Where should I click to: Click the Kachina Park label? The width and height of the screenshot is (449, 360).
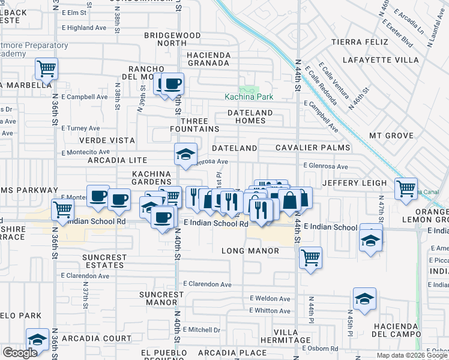pyautogui.click(x=250, y=97)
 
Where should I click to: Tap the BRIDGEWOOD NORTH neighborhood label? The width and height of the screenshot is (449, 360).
pyautogui.click(x=172, y=39)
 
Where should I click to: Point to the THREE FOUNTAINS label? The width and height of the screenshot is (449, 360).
pyautogui.click(x=194, y=125)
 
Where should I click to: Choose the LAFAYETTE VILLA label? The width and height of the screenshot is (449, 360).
pyautogui.click(x=381, y=60)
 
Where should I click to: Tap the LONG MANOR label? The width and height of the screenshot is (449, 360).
pyautogui.click(x=250, y=250)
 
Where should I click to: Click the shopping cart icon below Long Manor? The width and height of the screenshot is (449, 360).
pyautogui.click(x=310, y=258)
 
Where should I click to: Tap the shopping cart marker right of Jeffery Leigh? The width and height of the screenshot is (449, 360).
pyautogui.click(x=406, y=188)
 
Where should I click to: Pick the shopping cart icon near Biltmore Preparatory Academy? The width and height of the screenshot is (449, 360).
pyautogui.click(x=46, y=68)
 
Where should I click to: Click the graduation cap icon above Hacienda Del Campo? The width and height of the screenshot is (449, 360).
pyautogui.click(x=364, y=299)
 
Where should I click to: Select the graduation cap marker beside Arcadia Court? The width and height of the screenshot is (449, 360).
pyautogui.click(x=37, y=340)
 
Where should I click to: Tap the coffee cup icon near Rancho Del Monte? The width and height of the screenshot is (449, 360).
pyautogui.click(x=173, y=83)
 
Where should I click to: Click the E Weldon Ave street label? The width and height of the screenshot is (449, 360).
pyautogui.click(x=272, y=298)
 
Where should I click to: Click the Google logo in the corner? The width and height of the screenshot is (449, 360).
pyautogui.click(x=20, y=353)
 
